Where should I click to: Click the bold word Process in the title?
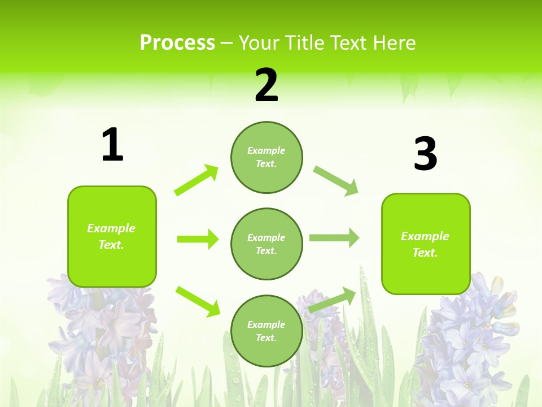click(x=177, y=42)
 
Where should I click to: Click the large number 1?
click(x=112, y=145)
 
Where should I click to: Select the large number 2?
click(x=266, y=85)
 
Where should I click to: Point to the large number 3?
click(x=425, y=154)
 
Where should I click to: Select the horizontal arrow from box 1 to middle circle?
click(x=198, y=239)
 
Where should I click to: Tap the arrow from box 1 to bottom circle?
click(x=198, y=301)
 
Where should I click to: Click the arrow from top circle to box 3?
click(x=336, y=181)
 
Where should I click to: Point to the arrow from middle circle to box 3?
click(x=334, y=238)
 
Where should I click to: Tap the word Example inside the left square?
click(x=111, y=228)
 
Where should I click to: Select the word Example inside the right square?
click(x=425, y=236)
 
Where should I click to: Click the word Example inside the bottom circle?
click(x=266, y=324)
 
